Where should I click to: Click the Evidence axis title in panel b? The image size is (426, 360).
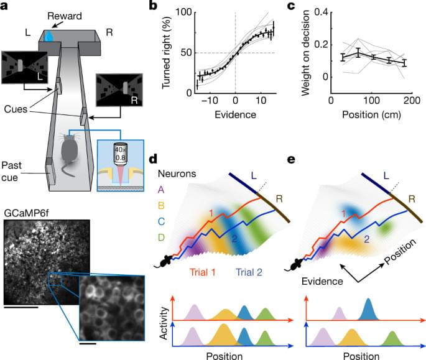tap(234, 115)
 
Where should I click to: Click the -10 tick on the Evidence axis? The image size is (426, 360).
tap(211, 101)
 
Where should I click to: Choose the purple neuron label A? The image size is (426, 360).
tap(162, 190)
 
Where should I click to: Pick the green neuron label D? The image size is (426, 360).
tap(162, 236)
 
